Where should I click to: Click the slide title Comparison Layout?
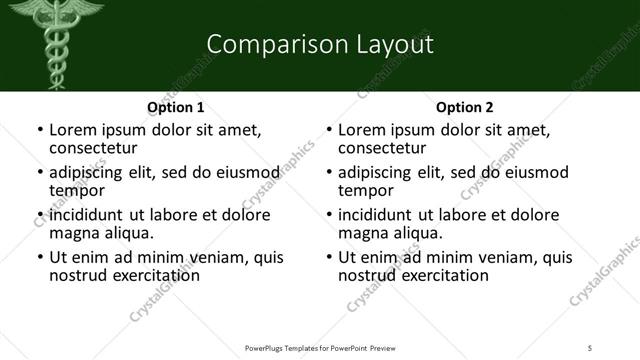[x=319, y=45]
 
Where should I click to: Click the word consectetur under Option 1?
[x=98, y=148]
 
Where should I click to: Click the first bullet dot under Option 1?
[x=39, y=131]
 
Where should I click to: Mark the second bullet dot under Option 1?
[x=39, y=173]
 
